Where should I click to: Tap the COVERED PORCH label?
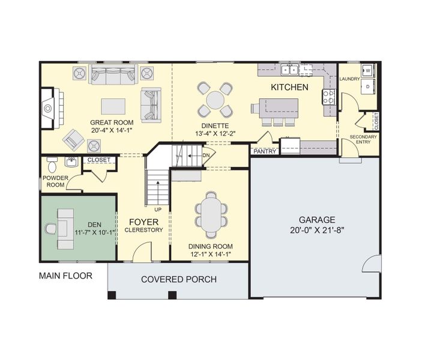178,279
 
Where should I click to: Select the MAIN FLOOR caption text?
65,276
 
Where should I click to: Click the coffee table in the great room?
114,106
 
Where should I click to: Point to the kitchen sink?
291,70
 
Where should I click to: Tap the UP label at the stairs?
158,209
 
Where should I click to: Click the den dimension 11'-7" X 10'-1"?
94,232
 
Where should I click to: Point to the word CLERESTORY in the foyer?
143,230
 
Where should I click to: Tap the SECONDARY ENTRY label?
363,140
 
